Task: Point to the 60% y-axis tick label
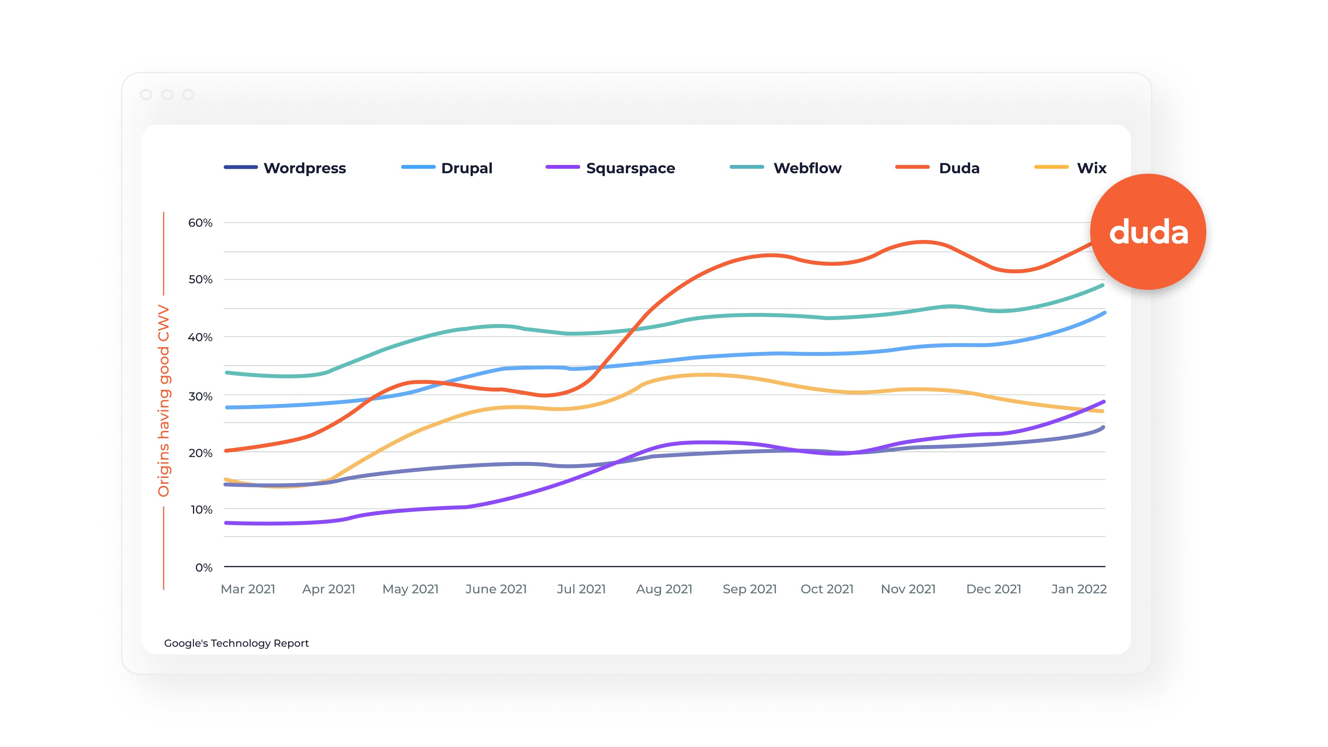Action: tap(200, 223)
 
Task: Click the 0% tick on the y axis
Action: tap(204, 568)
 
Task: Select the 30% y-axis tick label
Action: tap(200, 396)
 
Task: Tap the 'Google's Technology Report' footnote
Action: tap(236, 643)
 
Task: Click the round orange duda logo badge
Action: tap(1148, 232)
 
